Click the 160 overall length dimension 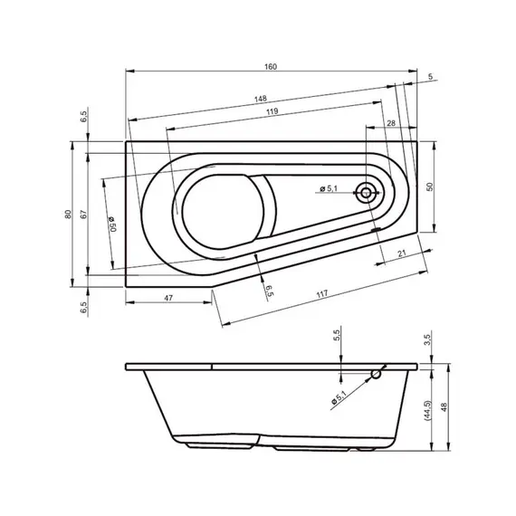click(271, 64)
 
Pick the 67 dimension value click(82, 215)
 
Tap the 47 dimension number click(168, 297)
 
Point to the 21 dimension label click(399, 253)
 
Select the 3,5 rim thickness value click(428, 340)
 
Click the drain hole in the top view click(367, 192)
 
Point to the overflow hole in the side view click(376, 373)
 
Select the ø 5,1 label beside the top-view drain click(328, 188)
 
